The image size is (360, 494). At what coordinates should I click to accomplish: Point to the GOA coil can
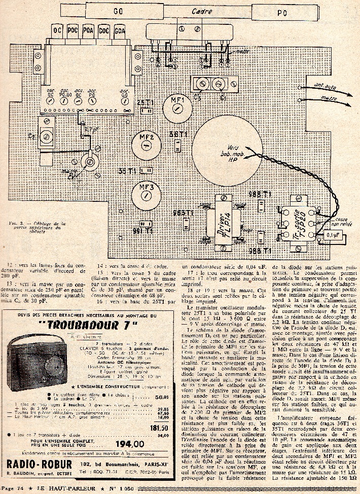[x=120, y=30]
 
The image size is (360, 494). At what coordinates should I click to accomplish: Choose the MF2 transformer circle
[x=147, y=142]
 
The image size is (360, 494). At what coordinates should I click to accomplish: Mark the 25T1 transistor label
[x=145, y=101]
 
